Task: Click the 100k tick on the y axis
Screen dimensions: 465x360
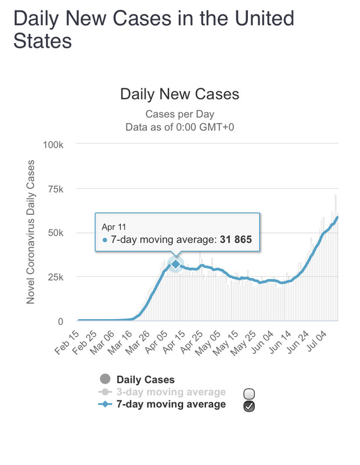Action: pos(60,144)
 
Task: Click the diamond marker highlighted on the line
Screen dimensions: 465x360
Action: pos(176,264)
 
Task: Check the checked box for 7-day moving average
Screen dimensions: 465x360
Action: pos(249,406)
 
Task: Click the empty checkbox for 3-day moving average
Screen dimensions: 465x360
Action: pos(249,394)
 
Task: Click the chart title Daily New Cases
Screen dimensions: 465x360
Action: pos(179,94)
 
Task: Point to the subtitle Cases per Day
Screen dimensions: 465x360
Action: pos(179,113)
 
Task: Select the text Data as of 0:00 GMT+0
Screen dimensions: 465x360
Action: pos(179,126)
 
